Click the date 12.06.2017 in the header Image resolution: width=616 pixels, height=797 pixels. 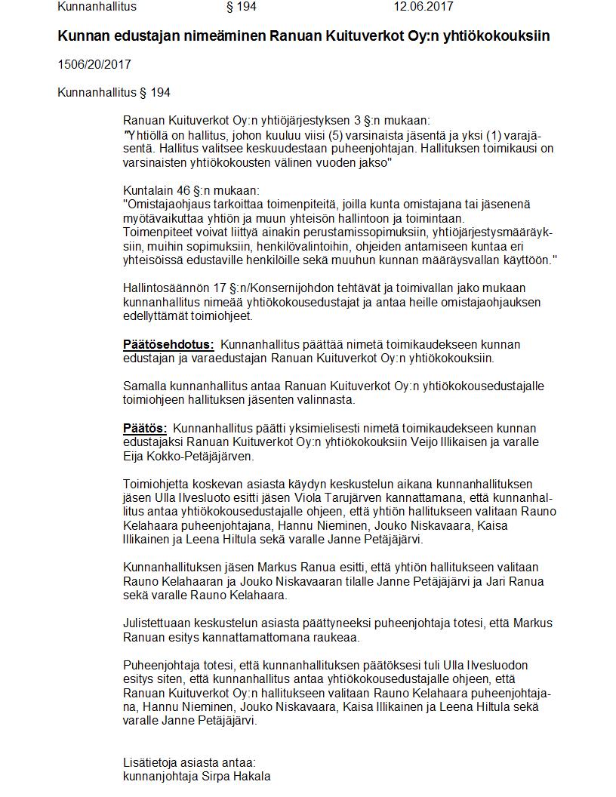423,7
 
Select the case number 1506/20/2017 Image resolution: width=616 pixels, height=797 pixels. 94,65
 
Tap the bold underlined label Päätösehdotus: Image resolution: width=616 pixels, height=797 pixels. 168,345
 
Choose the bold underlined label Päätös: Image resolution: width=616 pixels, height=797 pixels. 145,429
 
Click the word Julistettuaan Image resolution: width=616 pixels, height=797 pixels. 158,623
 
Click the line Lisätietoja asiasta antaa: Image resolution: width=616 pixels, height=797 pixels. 189,763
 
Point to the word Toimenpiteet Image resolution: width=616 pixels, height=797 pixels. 157,232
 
